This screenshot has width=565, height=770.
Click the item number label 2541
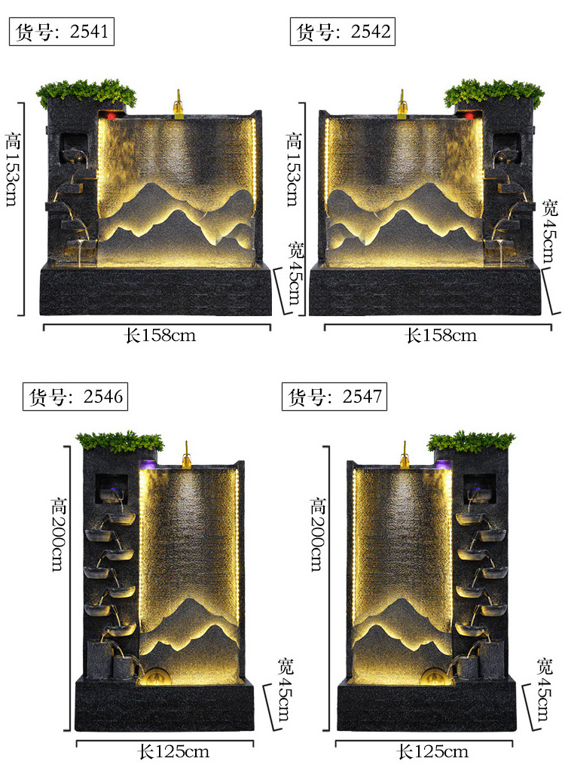(x=62, y=32)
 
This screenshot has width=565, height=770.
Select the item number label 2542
(x=343, y=32)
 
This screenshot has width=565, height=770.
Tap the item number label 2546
(x=75, y=397)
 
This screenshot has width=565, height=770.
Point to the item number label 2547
(x=334, y=397)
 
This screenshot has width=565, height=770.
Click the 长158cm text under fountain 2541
(x=160, y=336)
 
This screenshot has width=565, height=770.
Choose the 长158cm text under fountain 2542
(x=441, y=336)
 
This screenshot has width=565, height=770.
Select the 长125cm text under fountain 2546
(x=173, y=751)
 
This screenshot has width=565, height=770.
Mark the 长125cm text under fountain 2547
(x=432, y=751)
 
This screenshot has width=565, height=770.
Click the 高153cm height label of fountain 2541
(x=13, y=169)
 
